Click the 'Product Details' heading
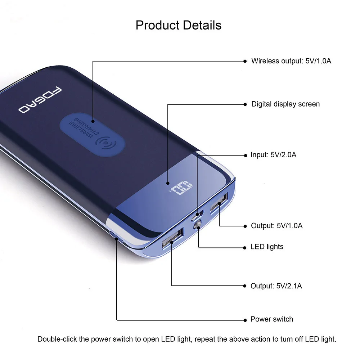179,25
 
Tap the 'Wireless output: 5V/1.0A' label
291,61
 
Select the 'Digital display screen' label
285,104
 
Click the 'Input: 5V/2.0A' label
274,155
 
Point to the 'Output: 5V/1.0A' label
277,226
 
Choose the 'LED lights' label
267,247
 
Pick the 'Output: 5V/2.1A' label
276,286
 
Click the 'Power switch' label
272,319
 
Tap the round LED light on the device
197,226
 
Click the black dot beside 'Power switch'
246,319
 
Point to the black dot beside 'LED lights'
246,247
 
